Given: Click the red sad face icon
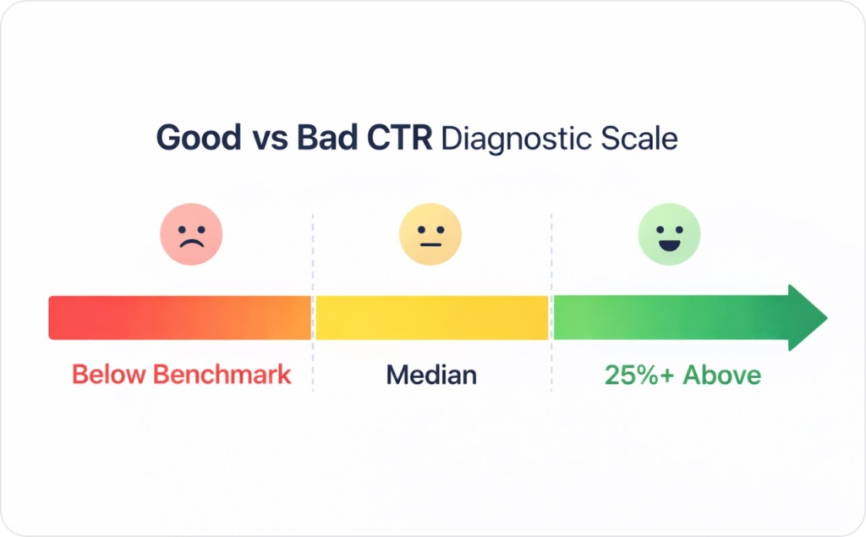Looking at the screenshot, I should click(191, 233).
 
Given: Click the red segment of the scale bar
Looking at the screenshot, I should click(179, 318).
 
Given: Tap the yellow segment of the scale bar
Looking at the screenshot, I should click(432, 318).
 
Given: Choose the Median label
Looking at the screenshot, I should click(431, 375).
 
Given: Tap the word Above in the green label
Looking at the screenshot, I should click(721, 375).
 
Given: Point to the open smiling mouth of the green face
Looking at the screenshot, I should click(669, 244).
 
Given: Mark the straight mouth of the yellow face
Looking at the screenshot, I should click(430, 244).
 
